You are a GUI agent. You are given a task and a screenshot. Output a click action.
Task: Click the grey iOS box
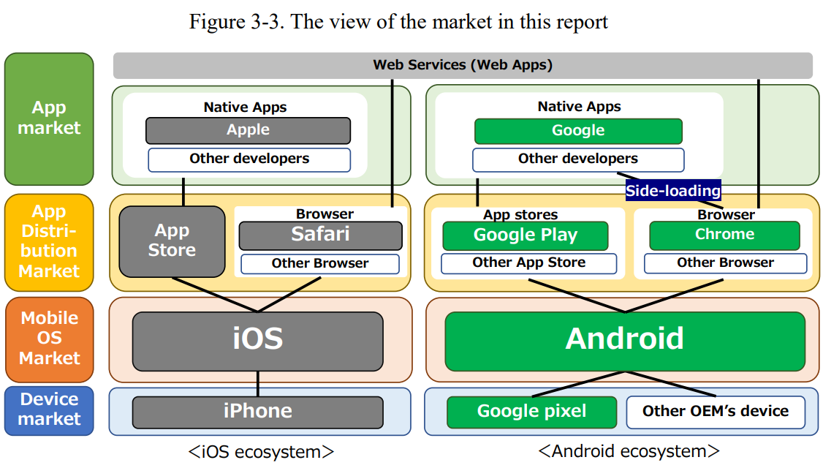pyautogui.click(x=257, y=341)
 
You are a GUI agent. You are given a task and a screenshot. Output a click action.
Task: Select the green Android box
pyautogui.click(x=624, y=341)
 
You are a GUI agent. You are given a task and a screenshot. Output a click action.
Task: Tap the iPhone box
pyautogui.click(x=257, y=412)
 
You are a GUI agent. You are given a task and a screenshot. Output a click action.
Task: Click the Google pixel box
pyautogui.click(x=531, y=412)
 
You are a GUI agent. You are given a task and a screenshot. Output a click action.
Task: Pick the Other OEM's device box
pyautogui.click(x=715, y=412)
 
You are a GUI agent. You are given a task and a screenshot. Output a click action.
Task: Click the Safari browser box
pyautogui.click(x=320, y=235)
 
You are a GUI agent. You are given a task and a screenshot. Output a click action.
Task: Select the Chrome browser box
pyautogui.click(x=724, y=235)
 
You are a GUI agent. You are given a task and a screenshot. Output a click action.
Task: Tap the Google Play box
pyautogui.click(x=525, y=235)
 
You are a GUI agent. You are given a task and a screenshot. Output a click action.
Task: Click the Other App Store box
pyautogui.click(x=528, y=263)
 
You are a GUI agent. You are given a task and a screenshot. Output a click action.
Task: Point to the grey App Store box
pyautogui.click(x=172, y=241)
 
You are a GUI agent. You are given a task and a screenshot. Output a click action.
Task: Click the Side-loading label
pyautogui.click(x=672, y=191)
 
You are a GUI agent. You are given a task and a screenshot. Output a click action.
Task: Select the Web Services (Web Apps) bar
pyautogui.click(x=463, y=65)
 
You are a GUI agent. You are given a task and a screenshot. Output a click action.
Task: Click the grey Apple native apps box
pyautogui.click(x=248, y=130)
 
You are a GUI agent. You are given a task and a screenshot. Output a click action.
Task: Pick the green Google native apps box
pyautogui.click(x=578, y=131)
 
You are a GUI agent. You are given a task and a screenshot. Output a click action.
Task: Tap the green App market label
pyautogui.click(x=49, y=118)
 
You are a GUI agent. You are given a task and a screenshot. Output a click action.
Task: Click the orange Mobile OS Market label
pyautogui.click(x=49, y=338)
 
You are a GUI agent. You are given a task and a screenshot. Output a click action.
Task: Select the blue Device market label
pyautogui.click(x=49, y=409)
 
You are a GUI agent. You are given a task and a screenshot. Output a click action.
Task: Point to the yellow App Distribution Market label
pyautogui.click(x=49, y=241)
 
